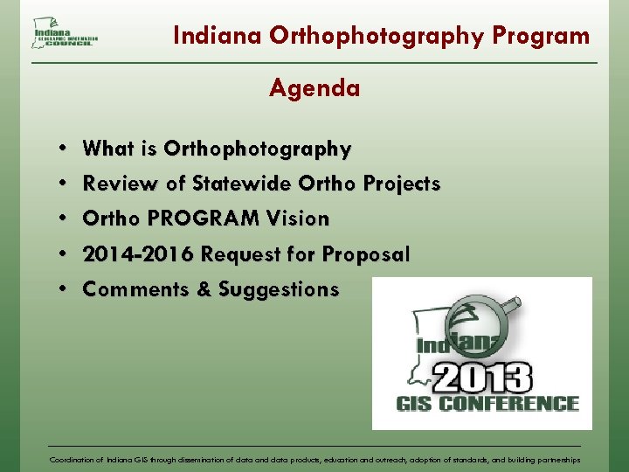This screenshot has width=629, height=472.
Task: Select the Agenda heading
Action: click(314, 88)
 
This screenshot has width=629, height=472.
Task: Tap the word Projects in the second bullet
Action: click(400, 184)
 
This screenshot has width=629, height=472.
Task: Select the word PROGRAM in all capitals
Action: click(190, 219)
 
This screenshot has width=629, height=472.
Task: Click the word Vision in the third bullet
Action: click(298, 219)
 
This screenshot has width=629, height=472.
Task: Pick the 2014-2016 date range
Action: click(139, 254)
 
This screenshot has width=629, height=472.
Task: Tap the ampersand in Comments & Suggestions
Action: click(204, 289)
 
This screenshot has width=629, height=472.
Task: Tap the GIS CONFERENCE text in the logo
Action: click(487, 404)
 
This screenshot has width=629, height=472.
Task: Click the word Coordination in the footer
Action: click(73, 459)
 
